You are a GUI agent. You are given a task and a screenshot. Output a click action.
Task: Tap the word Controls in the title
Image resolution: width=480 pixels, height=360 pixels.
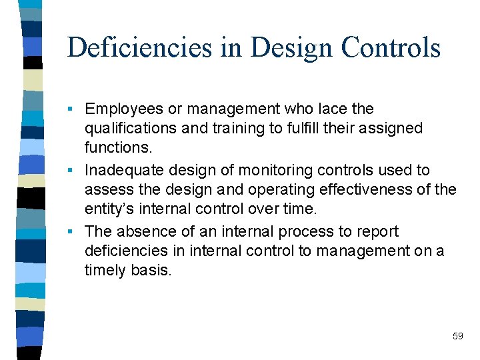tap(391, 48)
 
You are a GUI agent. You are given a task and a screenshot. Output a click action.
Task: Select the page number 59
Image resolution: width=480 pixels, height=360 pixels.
tap(457, 336)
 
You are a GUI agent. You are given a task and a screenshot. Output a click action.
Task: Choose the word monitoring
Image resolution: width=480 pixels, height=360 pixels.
tap(273, 171)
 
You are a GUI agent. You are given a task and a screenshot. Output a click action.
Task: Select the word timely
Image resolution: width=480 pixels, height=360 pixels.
tap(105, 270)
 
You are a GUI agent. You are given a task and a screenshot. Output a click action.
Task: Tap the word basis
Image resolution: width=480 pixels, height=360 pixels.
tap(151, 270)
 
